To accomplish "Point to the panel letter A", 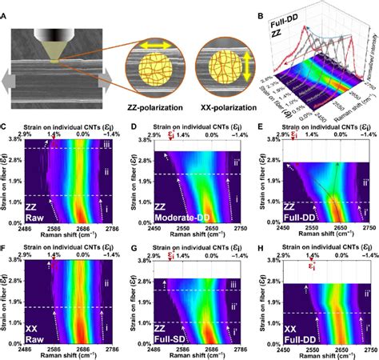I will pos(6,6).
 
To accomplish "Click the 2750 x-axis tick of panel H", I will pos(367,348).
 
